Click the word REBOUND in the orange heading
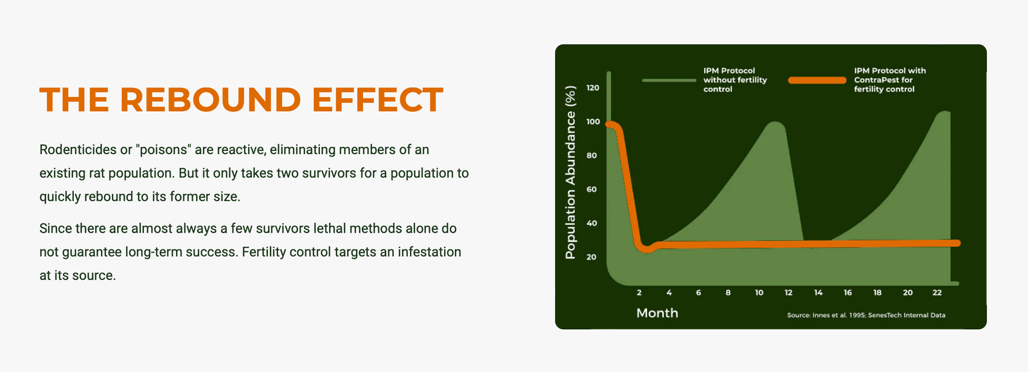pos(210,100)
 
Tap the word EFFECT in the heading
pos(378,100)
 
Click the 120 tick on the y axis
pos(593,87)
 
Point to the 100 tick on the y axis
pos(593,121)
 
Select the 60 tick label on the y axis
pos(592,189)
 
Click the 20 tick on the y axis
pos(592,257)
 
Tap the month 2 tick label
pos(639,292)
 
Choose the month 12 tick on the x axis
pos(788,292)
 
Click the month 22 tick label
pos(937,292)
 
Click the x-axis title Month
pos(657,313)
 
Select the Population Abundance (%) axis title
pos(571,172)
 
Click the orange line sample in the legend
pos(817,80)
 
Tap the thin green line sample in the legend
pos(669,80)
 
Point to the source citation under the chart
pos(866,315)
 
